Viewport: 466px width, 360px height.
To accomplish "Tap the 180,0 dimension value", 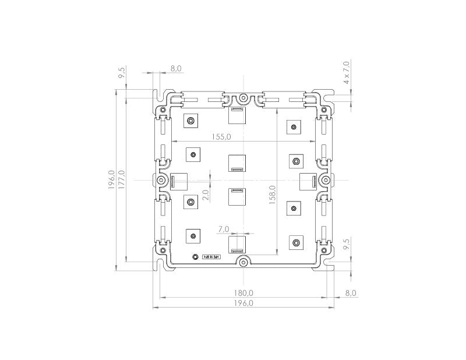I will click(x=243, y=292).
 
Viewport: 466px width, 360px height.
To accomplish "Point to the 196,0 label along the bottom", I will click(x=243, y=303).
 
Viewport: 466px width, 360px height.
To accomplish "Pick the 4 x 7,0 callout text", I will click(x=346, y=72).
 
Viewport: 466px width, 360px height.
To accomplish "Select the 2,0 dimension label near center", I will click(x=205, y=195).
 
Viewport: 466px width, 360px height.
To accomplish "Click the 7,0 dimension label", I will click(x=223, y=230).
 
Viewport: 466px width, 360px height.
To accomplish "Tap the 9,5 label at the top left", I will click(x=122, y=73).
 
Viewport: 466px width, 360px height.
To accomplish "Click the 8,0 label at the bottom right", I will click(x=351, y=292).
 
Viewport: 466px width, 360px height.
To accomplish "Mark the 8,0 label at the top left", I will click(x=175, y=68).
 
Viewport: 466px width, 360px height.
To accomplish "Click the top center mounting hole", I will click(x=243, y=98).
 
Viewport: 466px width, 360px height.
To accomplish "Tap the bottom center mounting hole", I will click(x=243, y=263).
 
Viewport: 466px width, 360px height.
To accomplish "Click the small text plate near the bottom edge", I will click(x=211, y=256).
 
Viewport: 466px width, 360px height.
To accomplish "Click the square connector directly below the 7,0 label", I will click(x=237, y=244).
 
